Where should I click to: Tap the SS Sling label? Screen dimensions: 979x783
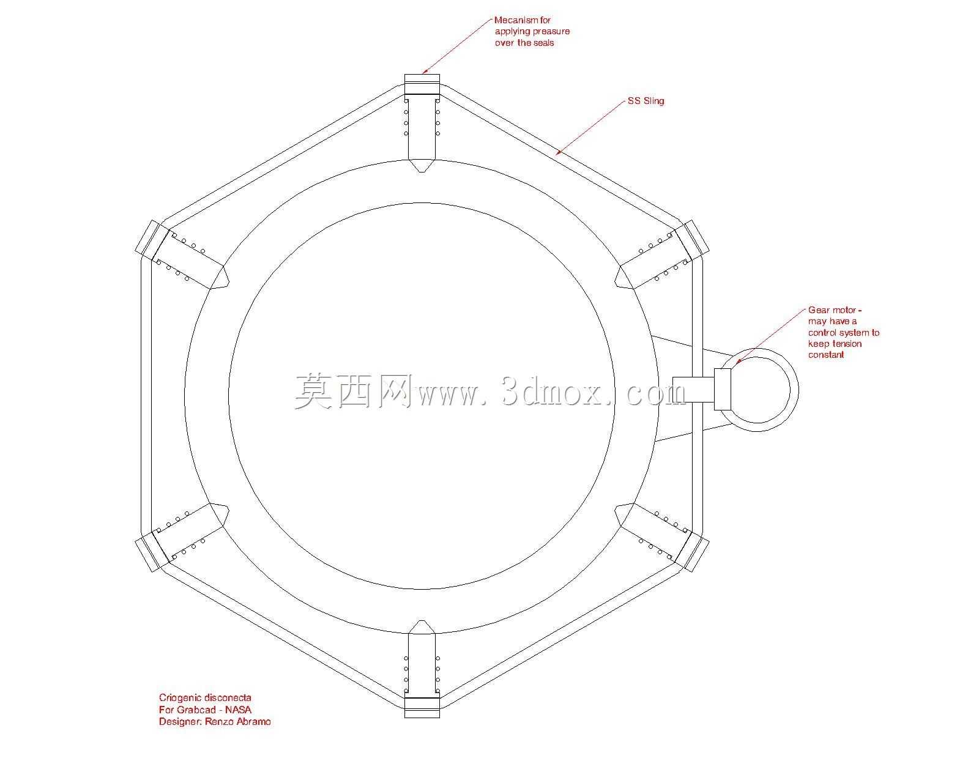coord(646,101)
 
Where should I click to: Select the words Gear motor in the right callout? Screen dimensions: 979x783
coord(832,310)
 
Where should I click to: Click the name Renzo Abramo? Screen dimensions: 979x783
coord(237,722)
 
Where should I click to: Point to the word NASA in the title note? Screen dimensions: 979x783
coord(238,710)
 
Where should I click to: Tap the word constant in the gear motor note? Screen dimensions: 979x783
coord(825,355)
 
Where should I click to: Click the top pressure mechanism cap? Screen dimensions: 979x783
coord(422,84)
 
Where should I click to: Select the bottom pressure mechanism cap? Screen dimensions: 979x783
coord(422,708)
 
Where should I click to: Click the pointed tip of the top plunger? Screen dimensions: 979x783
coord(422,172)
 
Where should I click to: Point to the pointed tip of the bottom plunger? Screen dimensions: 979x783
coord(422,620)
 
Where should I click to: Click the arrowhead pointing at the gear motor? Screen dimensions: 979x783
coord(737,362)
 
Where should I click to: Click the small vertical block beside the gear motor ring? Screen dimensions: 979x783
coord(723,389)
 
